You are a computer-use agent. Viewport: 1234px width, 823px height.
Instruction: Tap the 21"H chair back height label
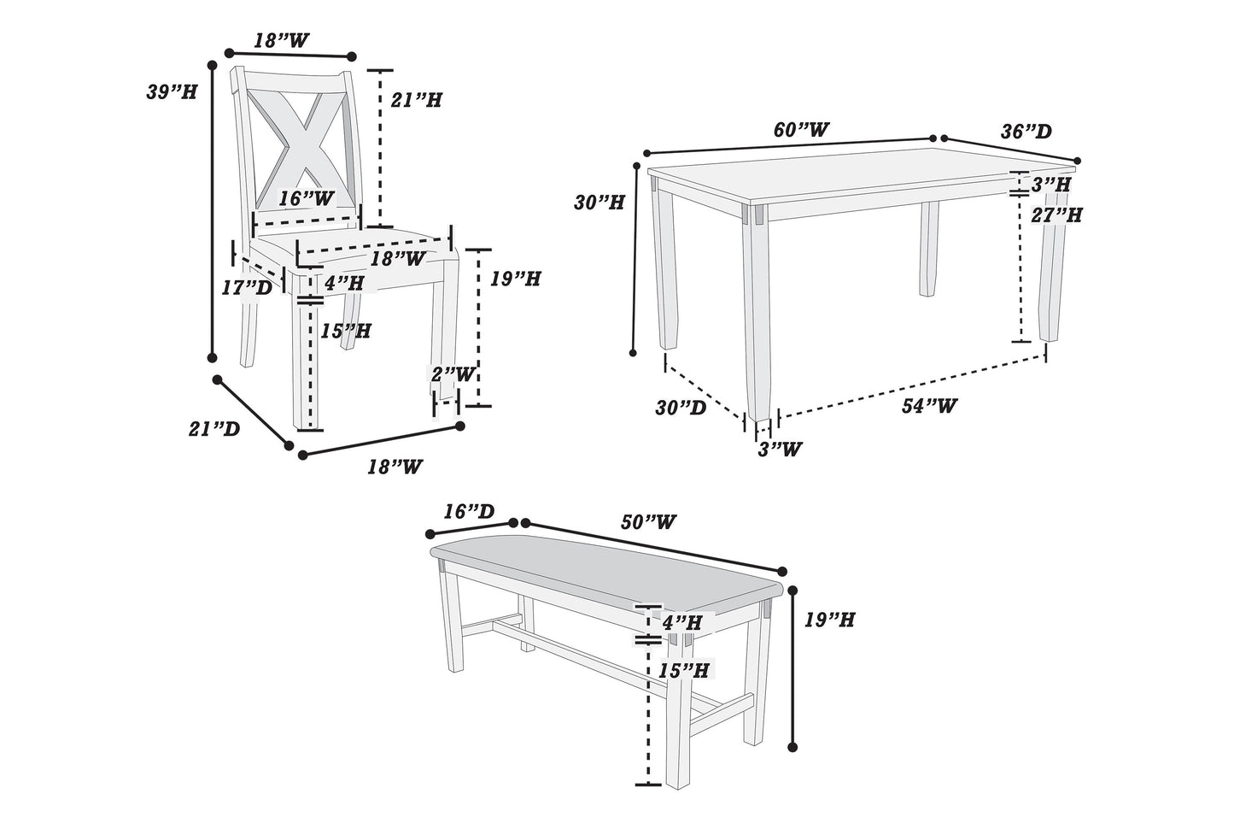(x=416, y=100)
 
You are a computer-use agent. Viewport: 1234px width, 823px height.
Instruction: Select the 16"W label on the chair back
(x=306, y=199)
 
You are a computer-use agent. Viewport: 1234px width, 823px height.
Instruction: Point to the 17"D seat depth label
(x=246, y=288)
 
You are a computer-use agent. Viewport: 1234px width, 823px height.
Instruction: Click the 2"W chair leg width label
(x=452, y=373)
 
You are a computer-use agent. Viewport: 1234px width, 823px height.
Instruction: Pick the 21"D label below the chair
(x=213, y=428)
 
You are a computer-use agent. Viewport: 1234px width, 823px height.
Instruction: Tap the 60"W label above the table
(x=800, y=130)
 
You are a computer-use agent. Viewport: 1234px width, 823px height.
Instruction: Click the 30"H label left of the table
(x=599, y=203)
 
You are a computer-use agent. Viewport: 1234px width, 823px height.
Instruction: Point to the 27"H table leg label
(x=1056, y=215)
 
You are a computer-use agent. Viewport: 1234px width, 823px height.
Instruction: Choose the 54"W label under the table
(x=929, y=406)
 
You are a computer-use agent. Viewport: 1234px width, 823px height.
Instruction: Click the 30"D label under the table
(x=681, y=408)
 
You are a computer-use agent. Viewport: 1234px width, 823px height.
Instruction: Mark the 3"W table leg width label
(x=780, y=448)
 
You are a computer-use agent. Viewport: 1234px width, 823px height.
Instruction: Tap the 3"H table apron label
(x=1050, y=183)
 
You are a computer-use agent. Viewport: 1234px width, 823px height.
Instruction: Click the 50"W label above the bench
(x=649, y=521)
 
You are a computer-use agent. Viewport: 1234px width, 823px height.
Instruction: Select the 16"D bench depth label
(x=469, y=511)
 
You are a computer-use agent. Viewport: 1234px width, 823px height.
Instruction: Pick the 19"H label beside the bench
(x=829, y=620)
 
